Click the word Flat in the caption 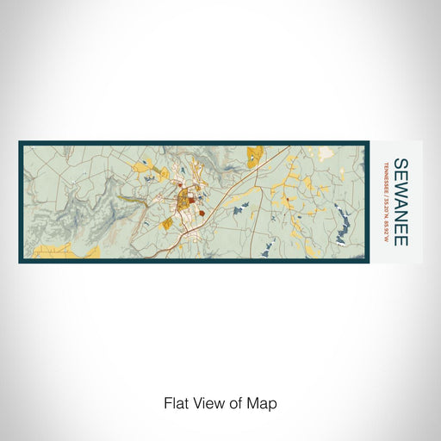175,402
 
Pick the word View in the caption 207,402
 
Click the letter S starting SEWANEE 400,165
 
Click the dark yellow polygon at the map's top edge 255,156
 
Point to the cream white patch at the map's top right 326,152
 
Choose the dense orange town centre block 183,204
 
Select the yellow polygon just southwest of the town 167,223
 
